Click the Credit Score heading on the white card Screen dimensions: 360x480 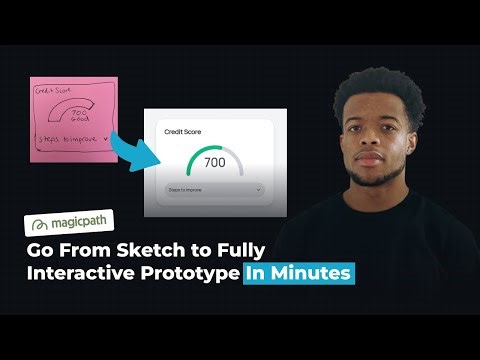(182, 131)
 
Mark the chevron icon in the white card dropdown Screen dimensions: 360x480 (257, 188)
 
